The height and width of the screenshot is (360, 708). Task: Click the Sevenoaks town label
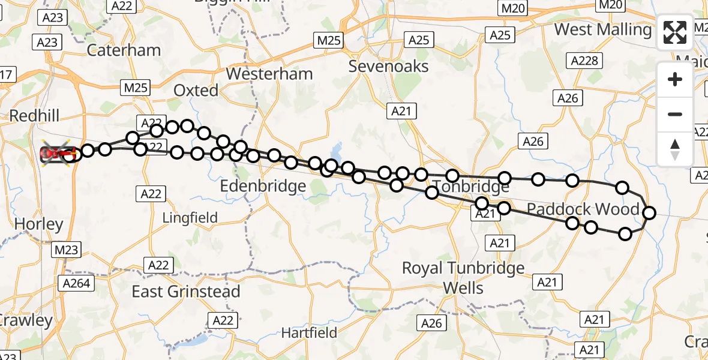389,66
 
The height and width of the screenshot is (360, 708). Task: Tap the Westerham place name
269,74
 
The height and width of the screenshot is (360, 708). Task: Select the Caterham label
124,50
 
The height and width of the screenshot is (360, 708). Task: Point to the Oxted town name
196,91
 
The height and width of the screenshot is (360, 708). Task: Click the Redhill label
34,115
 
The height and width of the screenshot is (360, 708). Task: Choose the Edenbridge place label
263,187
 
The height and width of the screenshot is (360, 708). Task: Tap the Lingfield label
190,217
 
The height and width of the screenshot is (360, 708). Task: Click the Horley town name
38,224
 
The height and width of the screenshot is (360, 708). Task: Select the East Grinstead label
186,292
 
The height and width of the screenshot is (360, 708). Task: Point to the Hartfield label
309,332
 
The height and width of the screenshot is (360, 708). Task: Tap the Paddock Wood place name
583,209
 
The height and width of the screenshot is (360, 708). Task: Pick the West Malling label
603,29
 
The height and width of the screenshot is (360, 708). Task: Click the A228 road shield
584,61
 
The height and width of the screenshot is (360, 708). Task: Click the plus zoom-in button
675,79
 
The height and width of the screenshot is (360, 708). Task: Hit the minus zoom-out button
675,114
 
